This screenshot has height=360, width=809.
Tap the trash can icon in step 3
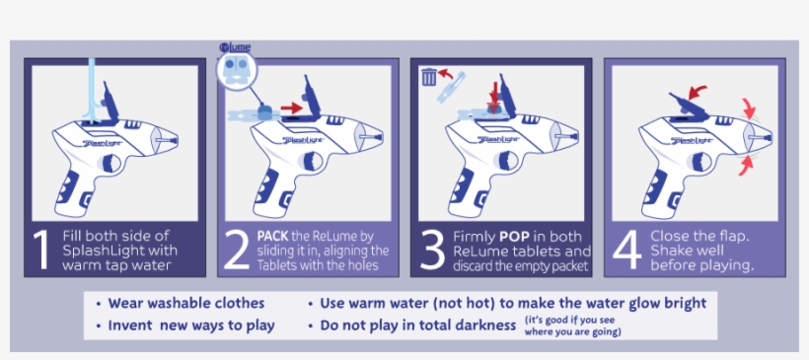point(429,76)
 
